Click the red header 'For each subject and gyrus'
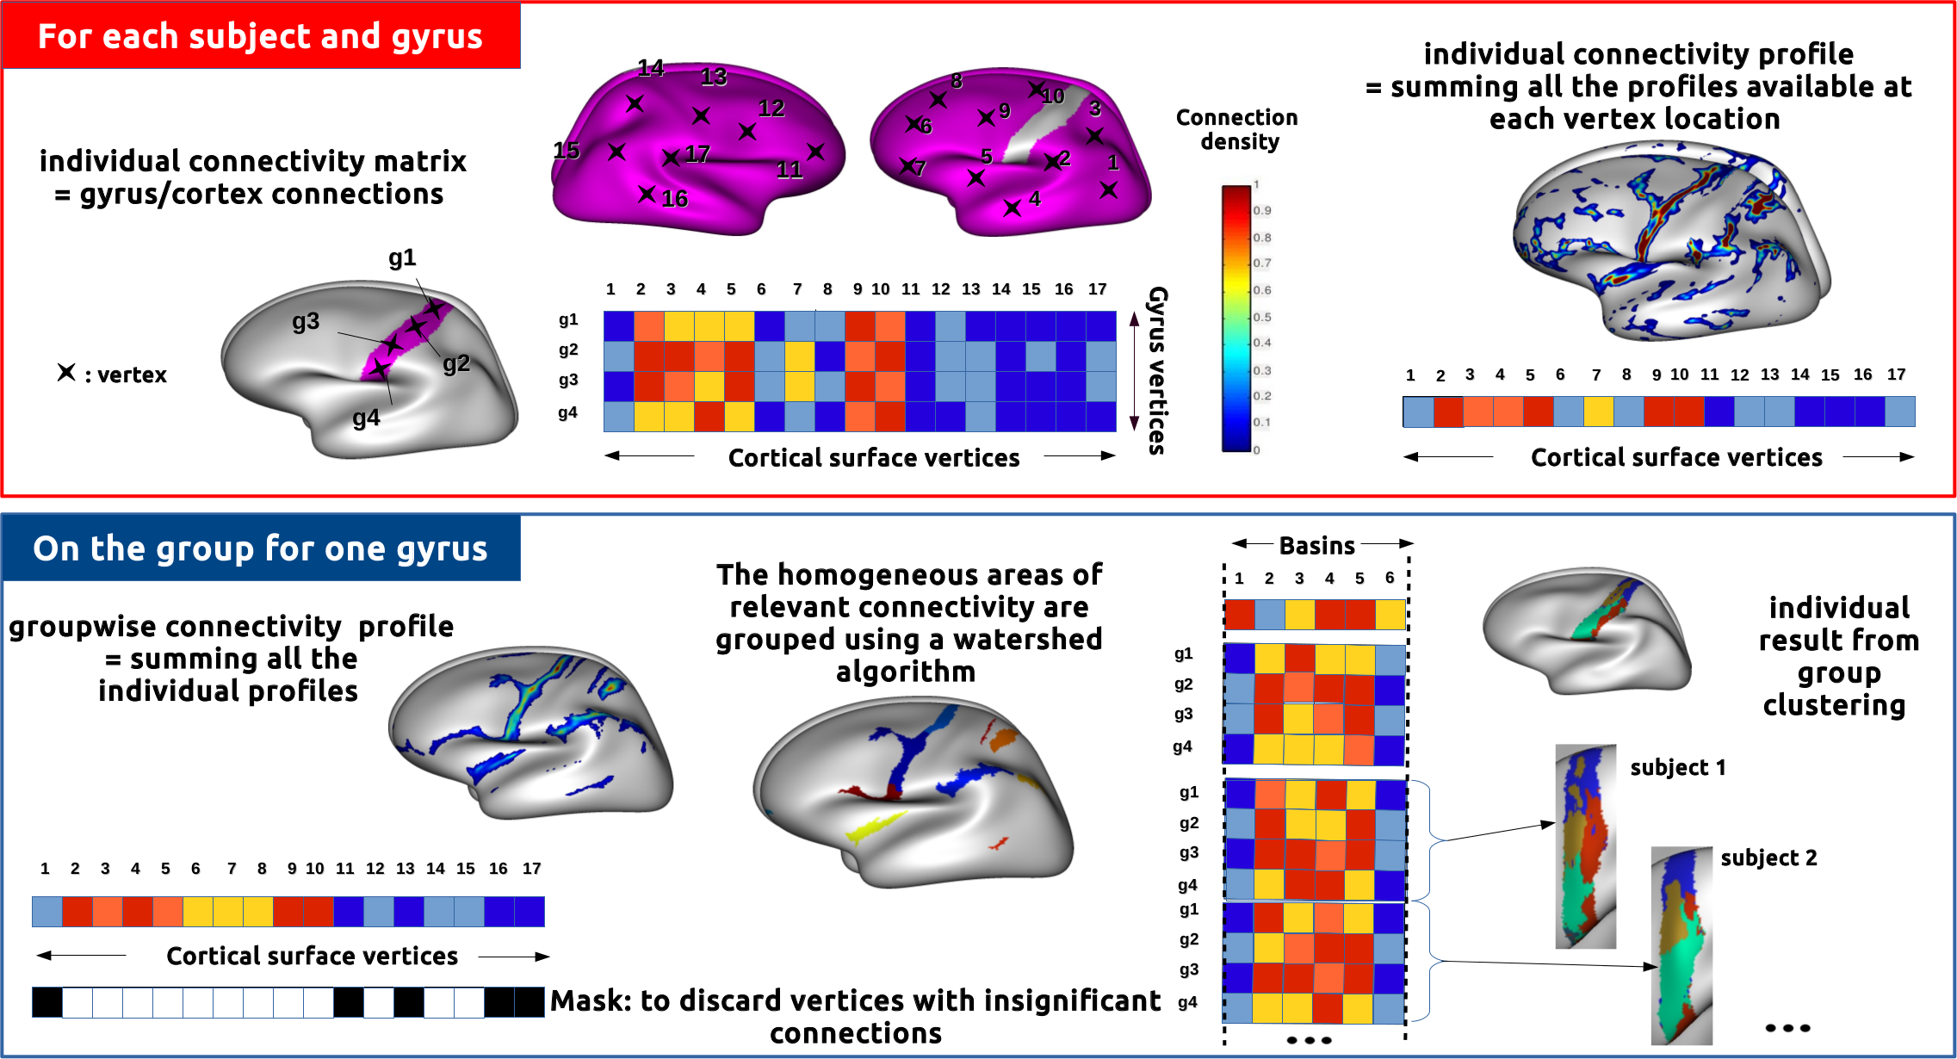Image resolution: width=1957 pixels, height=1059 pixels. click(x=260, y=36)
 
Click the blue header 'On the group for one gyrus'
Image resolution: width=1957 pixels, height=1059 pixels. click(x=260, y=548)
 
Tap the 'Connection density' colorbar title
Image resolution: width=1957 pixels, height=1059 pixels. click(x=1237, y=129)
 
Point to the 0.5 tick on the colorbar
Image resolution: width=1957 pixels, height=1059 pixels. click(x=1262, y=317)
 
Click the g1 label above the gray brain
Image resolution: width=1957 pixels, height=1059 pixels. click(x=402, y=257)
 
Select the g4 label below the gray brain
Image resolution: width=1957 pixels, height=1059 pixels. click(x=366, y=418)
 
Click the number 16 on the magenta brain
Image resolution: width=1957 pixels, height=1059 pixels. click(x=675, y=199)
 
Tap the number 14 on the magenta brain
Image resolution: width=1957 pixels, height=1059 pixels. click(x=651, y=68)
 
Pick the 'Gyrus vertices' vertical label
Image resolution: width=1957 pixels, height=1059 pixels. click(x=1158, y=370)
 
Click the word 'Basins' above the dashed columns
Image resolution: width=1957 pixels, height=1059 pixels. click(x=1316, y=545)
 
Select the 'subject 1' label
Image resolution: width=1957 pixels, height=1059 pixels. click(x=1677, y=767)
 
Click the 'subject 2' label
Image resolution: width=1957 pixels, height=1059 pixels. click(x=1768, y=858)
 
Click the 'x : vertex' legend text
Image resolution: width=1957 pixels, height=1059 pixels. click(x=113, y=375)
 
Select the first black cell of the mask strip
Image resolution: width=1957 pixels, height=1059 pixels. click(x=47, y=1002)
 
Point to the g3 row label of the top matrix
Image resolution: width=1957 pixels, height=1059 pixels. click(x=568, y=380)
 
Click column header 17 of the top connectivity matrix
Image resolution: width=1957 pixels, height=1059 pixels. click(x=1097, y=289)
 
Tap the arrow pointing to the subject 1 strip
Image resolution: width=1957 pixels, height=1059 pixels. click(x=1498, y=831)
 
